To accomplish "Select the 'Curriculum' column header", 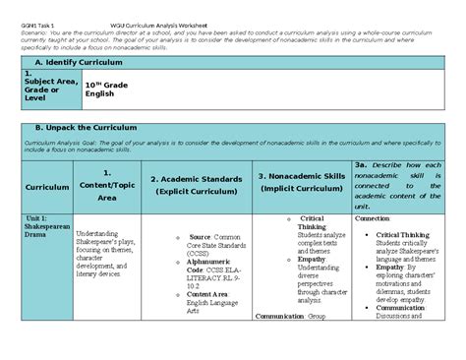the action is (46, 185).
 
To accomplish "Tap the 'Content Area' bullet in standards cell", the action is (207, 293).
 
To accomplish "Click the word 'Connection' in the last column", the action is (372, 219).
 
